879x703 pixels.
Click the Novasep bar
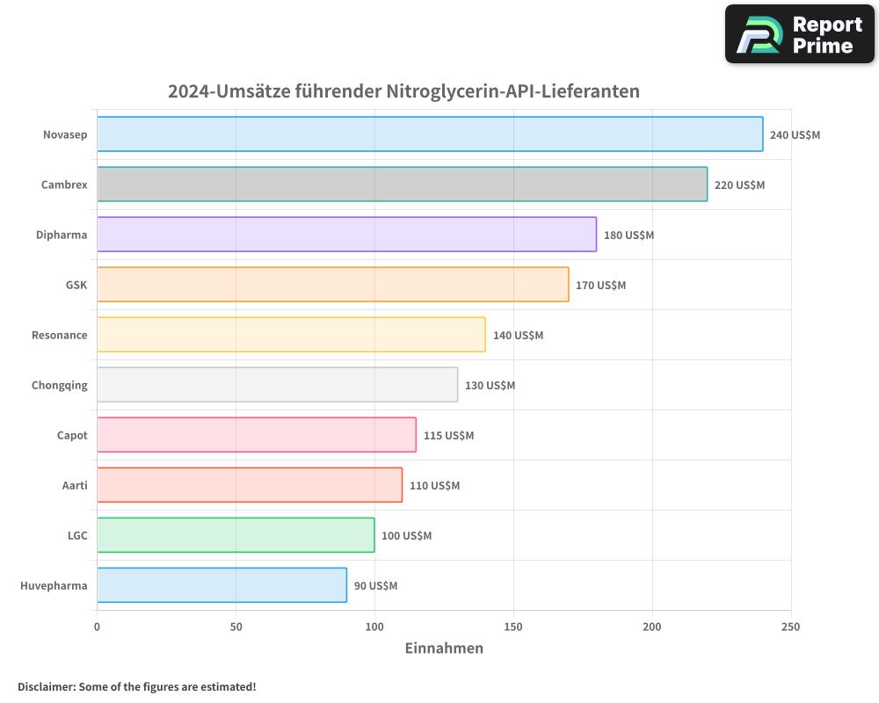coord(430,134)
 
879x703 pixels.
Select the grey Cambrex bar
coord(402,185)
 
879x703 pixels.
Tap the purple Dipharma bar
coord(346,235)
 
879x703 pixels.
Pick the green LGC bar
coord(236,535)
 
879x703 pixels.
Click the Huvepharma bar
coord(222,585)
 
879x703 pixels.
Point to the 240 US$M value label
coord(795,135)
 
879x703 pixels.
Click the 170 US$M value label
coord(600,286)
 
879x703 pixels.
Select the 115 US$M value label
coord(448,436)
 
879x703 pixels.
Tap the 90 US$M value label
coord(375,586)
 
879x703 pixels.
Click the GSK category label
coord(76,286)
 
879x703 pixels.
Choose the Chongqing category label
coord(59,386)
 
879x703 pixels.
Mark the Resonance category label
coord(59,336)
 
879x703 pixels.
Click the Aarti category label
coord(75,486)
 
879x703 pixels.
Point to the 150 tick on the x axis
coord(513,627)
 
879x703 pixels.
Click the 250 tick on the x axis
coord(791,627)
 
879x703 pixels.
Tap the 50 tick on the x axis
coord(236,627)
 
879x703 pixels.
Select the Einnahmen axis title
coord(444,649)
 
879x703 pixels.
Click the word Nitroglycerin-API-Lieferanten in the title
coord(512,91)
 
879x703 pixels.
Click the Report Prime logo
coord(799,34)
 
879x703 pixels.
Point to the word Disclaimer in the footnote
coord(46,686)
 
